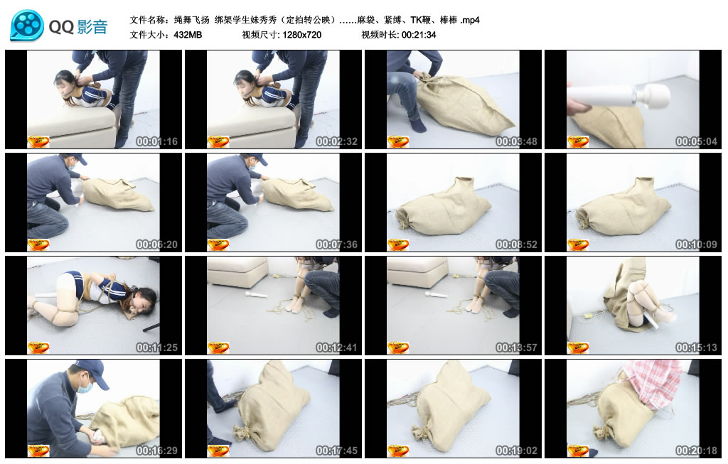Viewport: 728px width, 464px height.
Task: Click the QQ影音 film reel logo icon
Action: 27,26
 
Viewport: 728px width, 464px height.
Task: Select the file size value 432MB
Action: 188,35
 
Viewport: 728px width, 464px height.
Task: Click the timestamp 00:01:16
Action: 156,141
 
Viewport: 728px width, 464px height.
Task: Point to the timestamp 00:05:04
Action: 696,141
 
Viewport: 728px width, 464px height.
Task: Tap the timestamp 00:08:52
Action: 516,244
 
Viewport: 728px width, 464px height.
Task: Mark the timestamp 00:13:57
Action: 516,347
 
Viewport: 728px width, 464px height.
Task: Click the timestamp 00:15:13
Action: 696,347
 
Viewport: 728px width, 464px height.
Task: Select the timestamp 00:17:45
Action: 336,450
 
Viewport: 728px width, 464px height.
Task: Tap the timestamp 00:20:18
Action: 696,450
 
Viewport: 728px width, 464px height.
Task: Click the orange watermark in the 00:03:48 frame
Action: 398,141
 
